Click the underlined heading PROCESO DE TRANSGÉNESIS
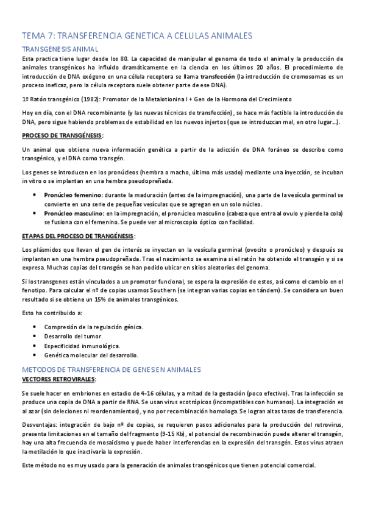coord(62,135)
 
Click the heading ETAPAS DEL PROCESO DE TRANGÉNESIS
coord(78,235)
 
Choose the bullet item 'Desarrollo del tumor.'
coord(73,336)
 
